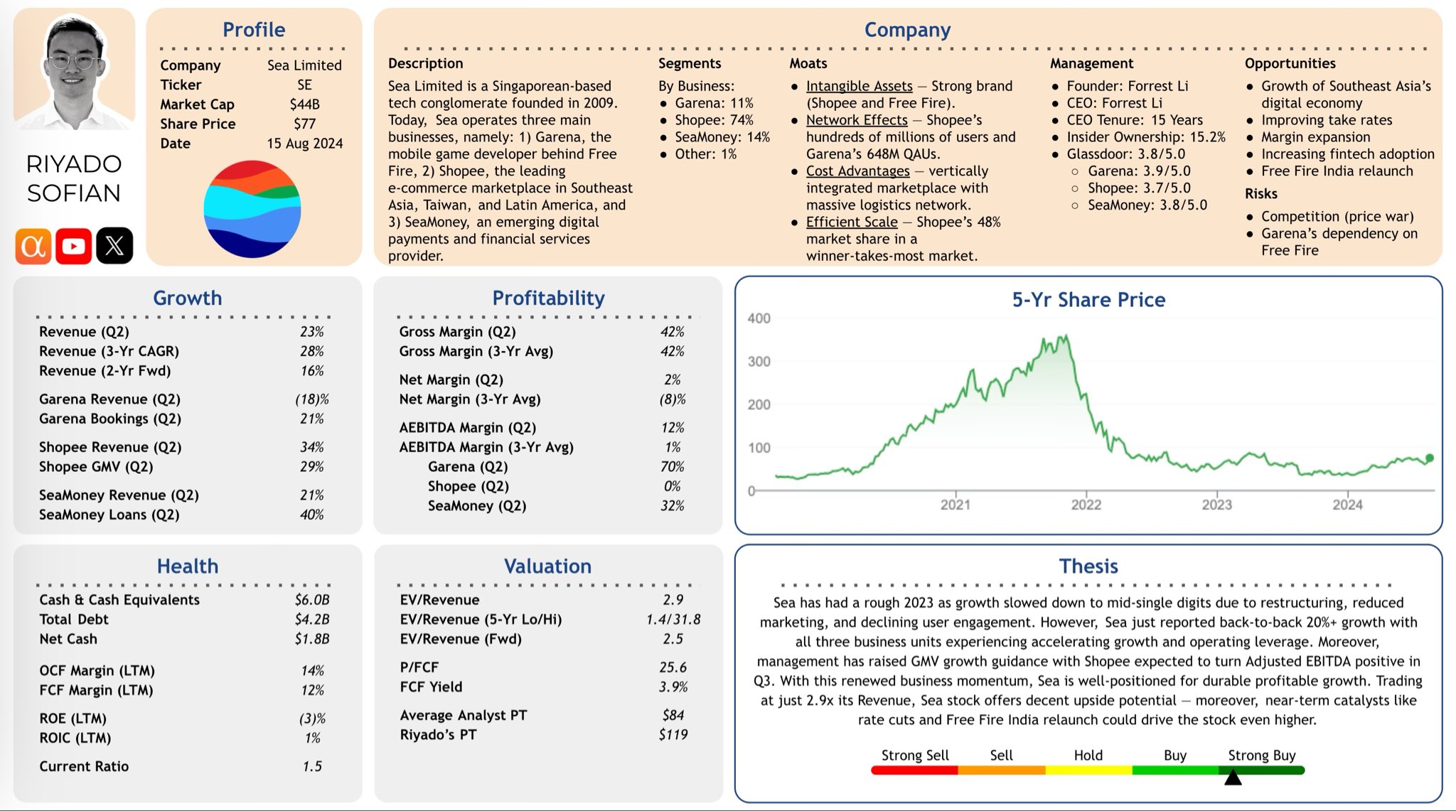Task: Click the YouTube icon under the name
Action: point(73,246)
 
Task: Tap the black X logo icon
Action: point(114,246)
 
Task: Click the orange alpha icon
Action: point(33,246)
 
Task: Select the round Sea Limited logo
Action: point(252,209)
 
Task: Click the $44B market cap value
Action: point(304,104)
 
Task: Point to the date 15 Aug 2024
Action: point(304,144)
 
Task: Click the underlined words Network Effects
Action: point(857,120)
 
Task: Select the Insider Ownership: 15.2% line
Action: point(1145,137)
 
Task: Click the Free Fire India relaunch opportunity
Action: point(1337,171)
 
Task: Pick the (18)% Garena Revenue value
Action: point(311,399)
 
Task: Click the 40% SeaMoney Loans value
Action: point(311,515)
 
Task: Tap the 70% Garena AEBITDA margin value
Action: point(672,467)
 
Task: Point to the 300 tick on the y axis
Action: point(759,362)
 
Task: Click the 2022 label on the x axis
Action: point(1086,505)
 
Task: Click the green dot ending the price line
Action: point(1430,458)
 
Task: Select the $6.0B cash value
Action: point(311,600)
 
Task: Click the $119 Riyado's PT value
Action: point(673,735)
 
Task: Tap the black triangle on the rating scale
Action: point(1233,778)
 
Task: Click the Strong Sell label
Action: point(914,756)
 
